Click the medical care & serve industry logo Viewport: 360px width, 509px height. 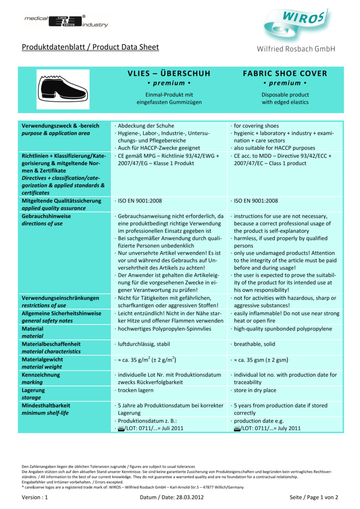coord(66,21)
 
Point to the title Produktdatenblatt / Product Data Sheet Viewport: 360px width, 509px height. coord(90,47)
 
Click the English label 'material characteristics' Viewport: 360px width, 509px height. coord(51,351)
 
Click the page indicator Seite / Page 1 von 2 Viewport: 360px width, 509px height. coord(314,497)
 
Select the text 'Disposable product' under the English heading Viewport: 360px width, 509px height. coord(285,95)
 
